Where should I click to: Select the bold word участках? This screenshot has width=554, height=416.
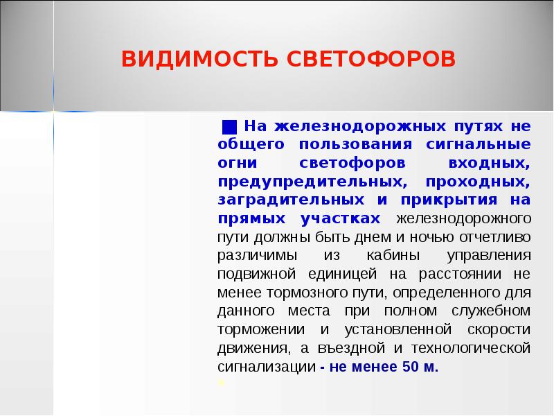(341, 218)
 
